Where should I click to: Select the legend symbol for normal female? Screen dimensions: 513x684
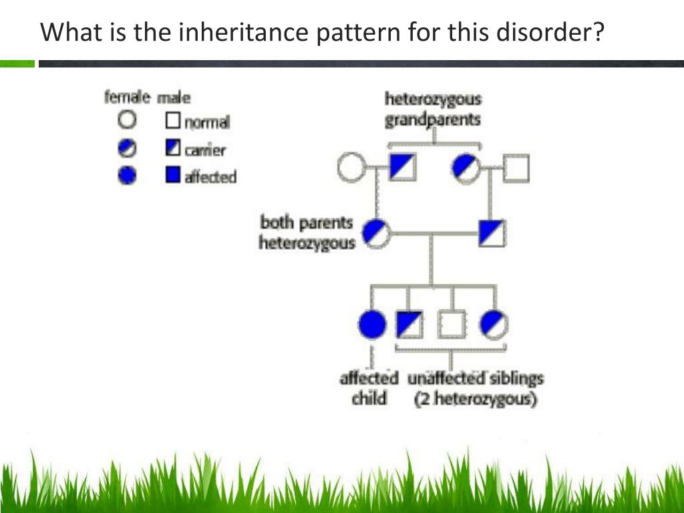(x=127, y=120)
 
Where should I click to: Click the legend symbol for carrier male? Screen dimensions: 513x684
(x=173, y=148)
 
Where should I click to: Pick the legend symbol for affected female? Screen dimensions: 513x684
(x=127, y=176)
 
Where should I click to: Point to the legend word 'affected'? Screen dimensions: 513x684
(x=210, y=177)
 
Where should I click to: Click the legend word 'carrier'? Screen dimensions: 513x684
(x=205, y=150)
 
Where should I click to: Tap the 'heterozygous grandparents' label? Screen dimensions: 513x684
(x=433, y=110)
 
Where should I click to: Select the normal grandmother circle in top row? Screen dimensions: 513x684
(x=351, y=167)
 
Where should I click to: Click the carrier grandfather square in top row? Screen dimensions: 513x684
(x=402, y=167)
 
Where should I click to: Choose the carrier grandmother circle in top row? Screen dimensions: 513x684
(x=465, y=167)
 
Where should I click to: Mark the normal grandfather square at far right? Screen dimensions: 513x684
(x=515, y=168)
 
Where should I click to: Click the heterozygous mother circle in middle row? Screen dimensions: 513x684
(x=377, y=232)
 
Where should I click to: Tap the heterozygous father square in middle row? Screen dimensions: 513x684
(x=492, y=232)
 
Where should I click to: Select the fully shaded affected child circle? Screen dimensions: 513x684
(x=372, y=325)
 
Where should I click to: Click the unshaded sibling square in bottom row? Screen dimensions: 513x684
(x=452, y=325)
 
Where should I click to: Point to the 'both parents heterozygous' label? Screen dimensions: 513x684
(x=307, y=232)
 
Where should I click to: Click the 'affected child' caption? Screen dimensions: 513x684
(x=369, y=389)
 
